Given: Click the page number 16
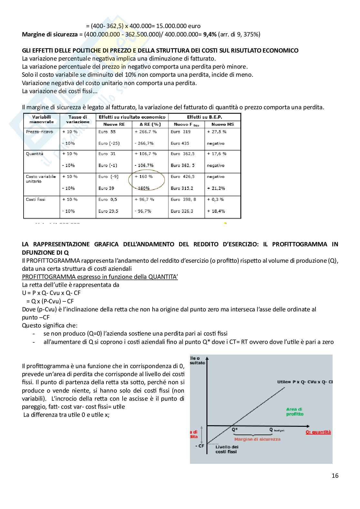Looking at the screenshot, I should tap(335, 475).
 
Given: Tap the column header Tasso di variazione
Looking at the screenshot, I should tap(78, 119).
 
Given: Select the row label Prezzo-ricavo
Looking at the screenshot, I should tap(39, 132).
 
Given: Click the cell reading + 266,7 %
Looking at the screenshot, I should tap(145, 132).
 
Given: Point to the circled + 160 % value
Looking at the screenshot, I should tap(144, 177).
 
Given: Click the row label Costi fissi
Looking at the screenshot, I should tap(35, 200).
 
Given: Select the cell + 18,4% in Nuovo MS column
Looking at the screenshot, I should tap(216, 211).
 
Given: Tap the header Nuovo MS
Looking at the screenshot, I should tap(222, 124).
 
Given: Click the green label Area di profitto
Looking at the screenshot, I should tap(295, 412).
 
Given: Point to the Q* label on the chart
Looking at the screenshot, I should tap(235, 429).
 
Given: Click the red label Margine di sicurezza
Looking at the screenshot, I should tap(257, 439).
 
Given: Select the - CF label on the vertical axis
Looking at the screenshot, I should tap(200, 446).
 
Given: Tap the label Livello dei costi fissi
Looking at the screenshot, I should tap(226, 449).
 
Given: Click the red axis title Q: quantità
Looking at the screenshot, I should tap(318, 432).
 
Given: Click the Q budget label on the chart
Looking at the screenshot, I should tap(277, 429).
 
